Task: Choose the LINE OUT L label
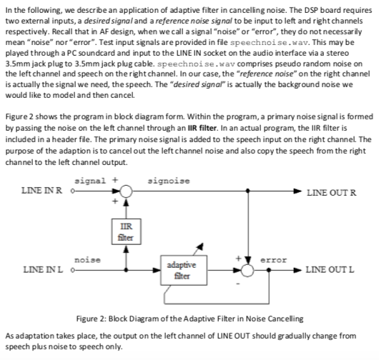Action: click(x=331, y=269)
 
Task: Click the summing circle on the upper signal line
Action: click(x=127, y=191)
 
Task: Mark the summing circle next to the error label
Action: click(x=247, y=269)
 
